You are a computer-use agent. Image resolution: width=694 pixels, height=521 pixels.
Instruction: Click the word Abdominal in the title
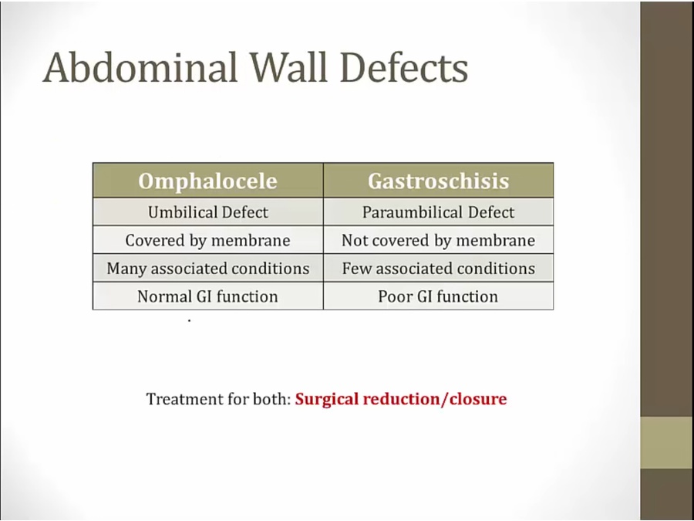140,67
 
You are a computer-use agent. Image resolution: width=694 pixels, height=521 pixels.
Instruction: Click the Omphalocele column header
207,181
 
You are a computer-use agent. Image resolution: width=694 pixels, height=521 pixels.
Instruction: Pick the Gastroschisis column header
438,181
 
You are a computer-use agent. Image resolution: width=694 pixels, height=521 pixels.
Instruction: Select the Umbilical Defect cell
207,212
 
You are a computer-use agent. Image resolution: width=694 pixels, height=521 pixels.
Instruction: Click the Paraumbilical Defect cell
438,212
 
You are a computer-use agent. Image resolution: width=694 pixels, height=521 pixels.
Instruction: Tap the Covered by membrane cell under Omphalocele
207,241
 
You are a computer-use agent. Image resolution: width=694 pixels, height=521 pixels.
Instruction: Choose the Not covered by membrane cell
438,241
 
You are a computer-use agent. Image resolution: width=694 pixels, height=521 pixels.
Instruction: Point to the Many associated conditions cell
207,269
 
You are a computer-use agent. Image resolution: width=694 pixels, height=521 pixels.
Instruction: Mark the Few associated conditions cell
438,269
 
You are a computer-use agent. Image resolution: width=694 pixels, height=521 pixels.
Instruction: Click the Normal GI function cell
207,296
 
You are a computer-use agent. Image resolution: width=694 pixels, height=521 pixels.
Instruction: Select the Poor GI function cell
438,296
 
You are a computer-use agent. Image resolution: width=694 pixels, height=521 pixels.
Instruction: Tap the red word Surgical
327,399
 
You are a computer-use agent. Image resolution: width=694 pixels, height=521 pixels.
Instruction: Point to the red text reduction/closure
435,399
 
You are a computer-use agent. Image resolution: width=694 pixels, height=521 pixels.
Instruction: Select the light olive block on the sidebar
667,442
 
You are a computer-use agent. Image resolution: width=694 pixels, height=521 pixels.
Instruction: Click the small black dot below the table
190,320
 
